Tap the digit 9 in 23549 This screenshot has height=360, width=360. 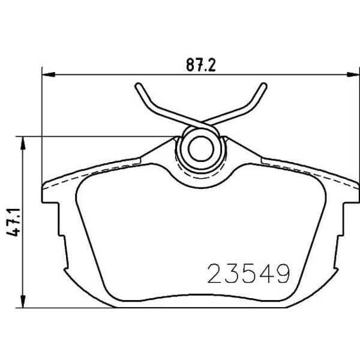[x=282, y=274]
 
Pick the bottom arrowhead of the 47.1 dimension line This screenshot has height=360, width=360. [x=23, y=304]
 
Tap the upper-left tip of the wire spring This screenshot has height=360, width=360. [x=138, y=86]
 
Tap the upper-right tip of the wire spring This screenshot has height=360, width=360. [x=263, y=86]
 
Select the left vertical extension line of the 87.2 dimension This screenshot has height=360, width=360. [x=43, y=120]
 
